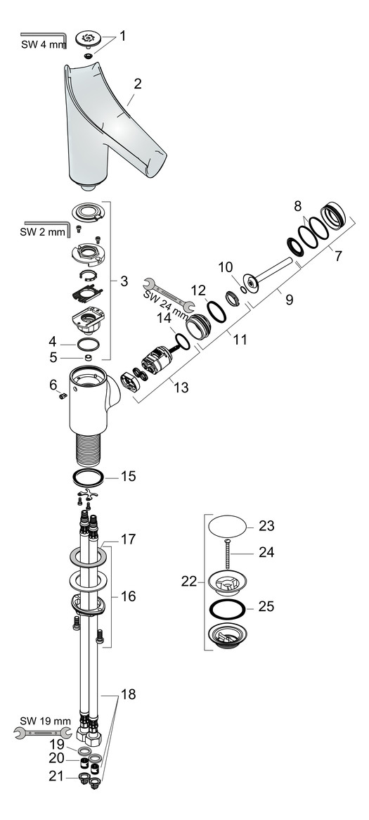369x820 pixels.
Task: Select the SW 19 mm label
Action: click(45, 720)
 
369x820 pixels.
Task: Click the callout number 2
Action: click(138, 84)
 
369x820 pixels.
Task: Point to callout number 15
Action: click(128, 476)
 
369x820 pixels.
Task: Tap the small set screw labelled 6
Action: click(61, 397)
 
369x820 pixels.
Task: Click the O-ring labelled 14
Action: click(181, 341)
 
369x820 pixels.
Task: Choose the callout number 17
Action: click(128, 539)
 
